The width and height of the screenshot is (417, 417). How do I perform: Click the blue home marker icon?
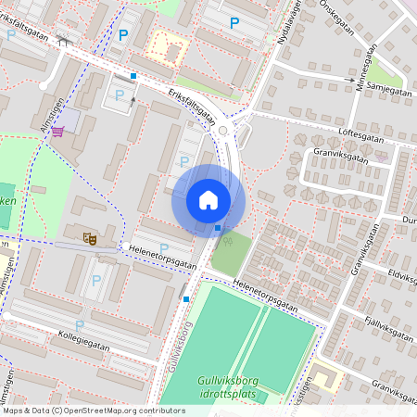coord(208,199)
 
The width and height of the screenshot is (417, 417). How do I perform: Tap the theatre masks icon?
coord(90,238)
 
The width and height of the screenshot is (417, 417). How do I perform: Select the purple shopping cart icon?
coord(58,131)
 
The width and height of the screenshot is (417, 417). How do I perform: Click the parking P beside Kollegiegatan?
coord(79,324)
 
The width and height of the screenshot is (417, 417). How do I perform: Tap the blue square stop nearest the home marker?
coord(218,228)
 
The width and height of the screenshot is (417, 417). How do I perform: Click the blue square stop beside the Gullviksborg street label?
coord(186,298)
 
